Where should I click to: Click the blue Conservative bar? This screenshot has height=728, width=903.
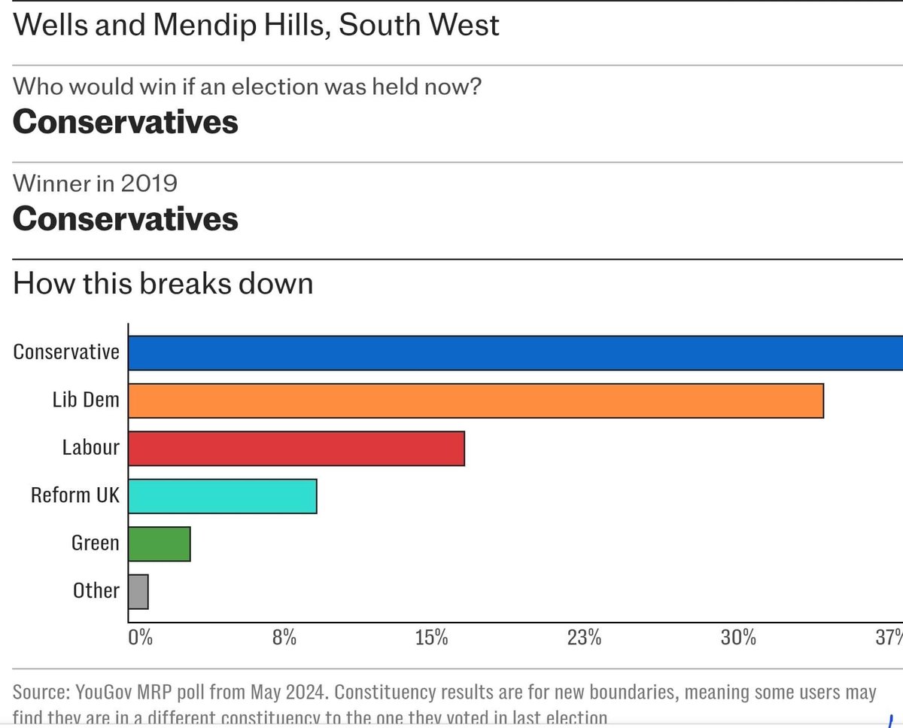(x=515, y=353)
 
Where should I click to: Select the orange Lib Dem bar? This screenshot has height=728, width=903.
(x=476, y=401)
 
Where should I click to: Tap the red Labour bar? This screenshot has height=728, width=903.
(x=296, y=449)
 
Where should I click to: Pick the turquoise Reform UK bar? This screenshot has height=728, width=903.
(x=223, y=496)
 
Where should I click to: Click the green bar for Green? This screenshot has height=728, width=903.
(x=160, y=544)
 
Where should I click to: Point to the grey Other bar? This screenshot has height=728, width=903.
(x=138, y=592)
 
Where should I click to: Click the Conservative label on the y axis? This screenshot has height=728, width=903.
(x=66, y=352)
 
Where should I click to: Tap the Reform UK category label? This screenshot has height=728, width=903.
(x=74, y=495)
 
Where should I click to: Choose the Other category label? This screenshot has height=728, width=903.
(x=96, y=591)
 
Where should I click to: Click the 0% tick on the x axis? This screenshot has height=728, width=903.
(x=141, y=638)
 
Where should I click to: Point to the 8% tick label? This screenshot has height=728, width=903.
(x=284, y=638)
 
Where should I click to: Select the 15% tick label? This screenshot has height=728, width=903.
(x=432, y=638)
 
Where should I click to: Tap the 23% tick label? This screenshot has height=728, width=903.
(x=584, y=638)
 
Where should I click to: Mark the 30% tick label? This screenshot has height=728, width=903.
(x=737, y=638)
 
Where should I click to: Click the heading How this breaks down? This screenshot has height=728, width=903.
(x=163, y=285)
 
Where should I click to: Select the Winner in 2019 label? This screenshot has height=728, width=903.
(x=96, y=183)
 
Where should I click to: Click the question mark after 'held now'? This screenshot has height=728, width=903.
(x=474, y=87)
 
